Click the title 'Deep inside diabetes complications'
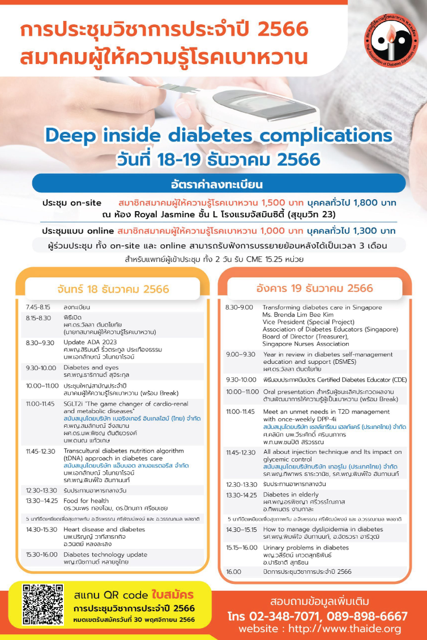[x=219, y=135]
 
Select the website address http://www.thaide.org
[x=319, y=629]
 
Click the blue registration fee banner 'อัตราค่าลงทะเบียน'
[x=219, y=184]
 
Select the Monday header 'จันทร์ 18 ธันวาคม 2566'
[x=113, y=289]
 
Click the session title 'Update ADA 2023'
[x=86, y=342]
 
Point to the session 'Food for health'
[x=86, y=500]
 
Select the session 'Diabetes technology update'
[x=105, y=555]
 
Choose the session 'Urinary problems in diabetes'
[x=306, y=548]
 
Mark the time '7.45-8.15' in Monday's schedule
[x=39, y=307]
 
